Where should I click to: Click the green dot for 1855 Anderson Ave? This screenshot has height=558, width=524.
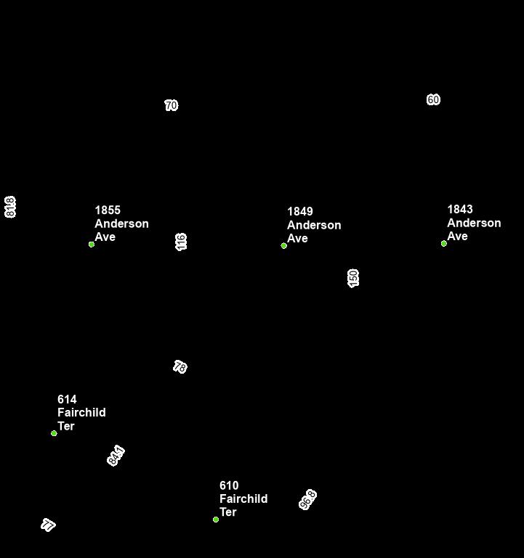click(x=92, y=245)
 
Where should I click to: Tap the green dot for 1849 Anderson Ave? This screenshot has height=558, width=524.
click(x=284, y=246)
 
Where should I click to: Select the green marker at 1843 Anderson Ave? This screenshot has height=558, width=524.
click(x=444, y=244)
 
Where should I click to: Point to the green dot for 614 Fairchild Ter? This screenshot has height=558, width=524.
click(x=54, y=433)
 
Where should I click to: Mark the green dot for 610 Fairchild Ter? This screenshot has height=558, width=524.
click(x=216, y=520)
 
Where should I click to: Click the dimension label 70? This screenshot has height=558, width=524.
click(x=172, y=106)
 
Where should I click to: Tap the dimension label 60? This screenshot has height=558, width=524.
click(x=433, y=100)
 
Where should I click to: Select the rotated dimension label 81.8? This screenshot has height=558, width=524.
click(x=10, y=207)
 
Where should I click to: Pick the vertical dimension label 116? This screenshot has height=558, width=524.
click(x=182, y=242)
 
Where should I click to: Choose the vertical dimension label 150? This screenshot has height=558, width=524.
click(x=354, y=278)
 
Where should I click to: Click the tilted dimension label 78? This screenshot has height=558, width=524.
click(x=180, y=367)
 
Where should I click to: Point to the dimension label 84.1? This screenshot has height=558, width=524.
click(x=116, y=456)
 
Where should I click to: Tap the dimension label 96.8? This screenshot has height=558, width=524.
click(x=308, y=500)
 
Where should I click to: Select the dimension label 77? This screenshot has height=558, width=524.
click(x=49, y=525)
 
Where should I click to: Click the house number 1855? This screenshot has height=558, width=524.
click(x=108, y=210)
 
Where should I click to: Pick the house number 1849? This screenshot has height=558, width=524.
click(x=300, y=212)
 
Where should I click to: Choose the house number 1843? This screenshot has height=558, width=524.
click(x=460, y=210)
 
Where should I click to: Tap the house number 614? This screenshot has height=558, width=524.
click(x=67, y=400)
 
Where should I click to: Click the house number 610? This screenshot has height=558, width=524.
click(x=229, y=485)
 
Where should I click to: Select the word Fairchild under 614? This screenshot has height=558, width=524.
click(x=81, y=413)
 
